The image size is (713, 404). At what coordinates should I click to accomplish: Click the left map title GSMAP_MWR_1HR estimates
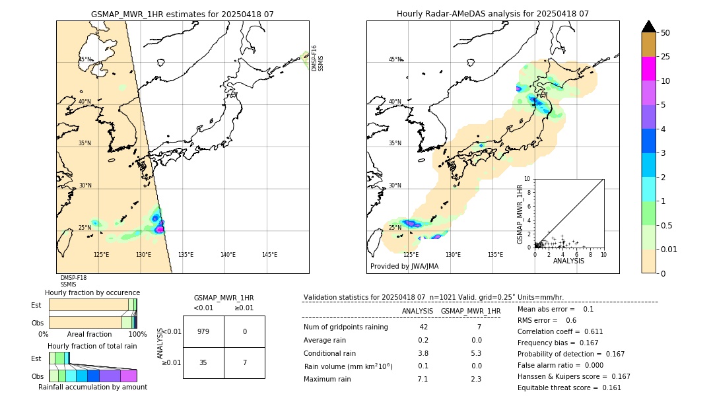[x=182, y=14]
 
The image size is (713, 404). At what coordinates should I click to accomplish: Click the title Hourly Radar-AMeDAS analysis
[x=492, y=14]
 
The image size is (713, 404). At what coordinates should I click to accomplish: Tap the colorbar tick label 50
[x=665, y=33]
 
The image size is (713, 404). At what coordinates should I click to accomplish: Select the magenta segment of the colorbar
[x=649, y=69]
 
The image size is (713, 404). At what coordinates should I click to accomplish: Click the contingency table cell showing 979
[x=203, y=331]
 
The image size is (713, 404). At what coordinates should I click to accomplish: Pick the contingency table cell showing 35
[x=203, y=362]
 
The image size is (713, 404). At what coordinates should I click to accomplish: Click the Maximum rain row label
[x=329, y=379]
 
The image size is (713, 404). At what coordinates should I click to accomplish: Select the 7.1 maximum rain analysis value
[x=423, y=379]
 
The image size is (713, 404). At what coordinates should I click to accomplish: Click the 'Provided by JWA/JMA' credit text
[x=404, y=267]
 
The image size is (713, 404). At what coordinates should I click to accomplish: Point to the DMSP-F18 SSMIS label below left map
[x=73, y=281]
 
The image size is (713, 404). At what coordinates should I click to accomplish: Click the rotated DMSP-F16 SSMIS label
[x=318, y=58]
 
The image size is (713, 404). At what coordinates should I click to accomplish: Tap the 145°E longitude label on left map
[x=269, y=255]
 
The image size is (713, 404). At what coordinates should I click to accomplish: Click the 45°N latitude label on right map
[x=395, y=59]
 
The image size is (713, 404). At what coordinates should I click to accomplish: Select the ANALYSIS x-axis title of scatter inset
[x=568, y=261]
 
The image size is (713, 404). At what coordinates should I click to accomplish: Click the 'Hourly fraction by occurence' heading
[x=92, y=292]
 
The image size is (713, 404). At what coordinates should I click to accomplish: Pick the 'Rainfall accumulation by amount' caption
[x=92, y=387]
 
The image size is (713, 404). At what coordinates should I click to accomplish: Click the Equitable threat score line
[x=569, y=387]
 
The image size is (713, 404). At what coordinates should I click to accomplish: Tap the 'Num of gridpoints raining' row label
[x=346, y=327]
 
